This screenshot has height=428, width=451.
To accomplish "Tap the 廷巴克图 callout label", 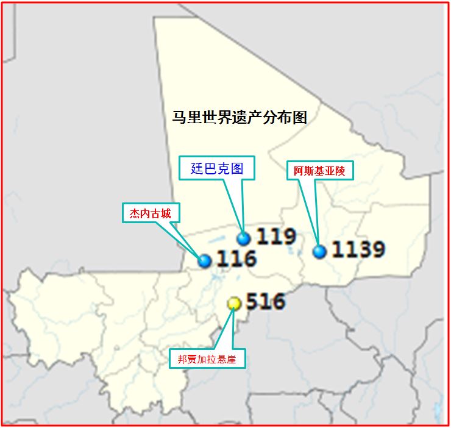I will pyautogui.click(x=217, y=169).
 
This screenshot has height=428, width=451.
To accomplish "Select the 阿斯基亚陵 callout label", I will pyautogui.click(x=319, y=171).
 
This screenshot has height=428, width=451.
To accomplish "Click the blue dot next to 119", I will pyautogui.click(x=244, y=238).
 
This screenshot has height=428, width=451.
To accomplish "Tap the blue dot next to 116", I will pyautogui.click(x=205, y=261).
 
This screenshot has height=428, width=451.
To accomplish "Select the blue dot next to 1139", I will pyautogui.click(x=319, y=251).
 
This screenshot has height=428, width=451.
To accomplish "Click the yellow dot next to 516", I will pyautogui.click(x=233, y=303).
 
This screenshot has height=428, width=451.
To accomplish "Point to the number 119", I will pyautogui.click(x=275, y=237).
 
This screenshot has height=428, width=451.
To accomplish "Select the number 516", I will pyautogui.click(x=265, y=301).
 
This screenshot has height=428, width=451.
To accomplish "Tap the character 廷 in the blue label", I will pyautogui.click(x=197, y=169).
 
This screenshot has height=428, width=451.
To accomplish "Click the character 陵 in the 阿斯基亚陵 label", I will pyautogui.click(x=340, y=171).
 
